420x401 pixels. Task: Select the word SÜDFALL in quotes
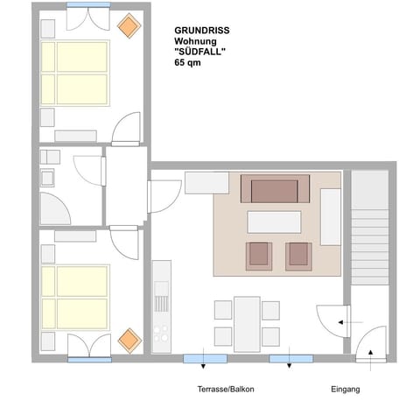pos(201,51)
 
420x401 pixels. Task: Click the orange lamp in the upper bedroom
pos(129,26)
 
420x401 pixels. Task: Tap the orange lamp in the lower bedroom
pos(129,338)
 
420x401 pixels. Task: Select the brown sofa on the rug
pos(275,189)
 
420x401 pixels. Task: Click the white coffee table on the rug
pos(274,221)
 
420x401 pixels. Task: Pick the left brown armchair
pos(258,254)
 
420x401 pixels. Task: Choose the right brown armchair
pos(298,254)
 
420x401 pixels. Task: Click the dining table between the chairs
pos(247,322)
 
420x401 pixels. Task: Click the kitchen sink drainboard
pos(160,303)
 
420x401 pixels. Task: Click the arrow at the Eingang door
pos(370,354)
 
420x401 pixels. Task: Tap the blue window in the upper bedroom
pos(87,5)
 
